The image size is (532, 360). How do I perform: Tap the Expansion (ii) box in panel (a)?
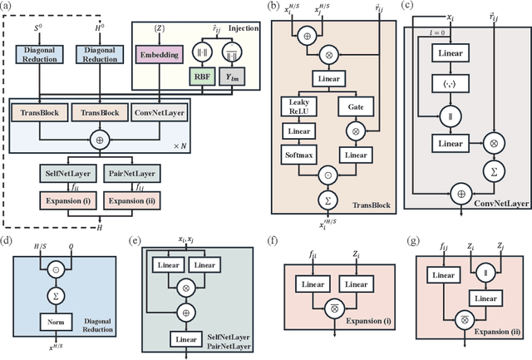[x=131, y=200]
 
